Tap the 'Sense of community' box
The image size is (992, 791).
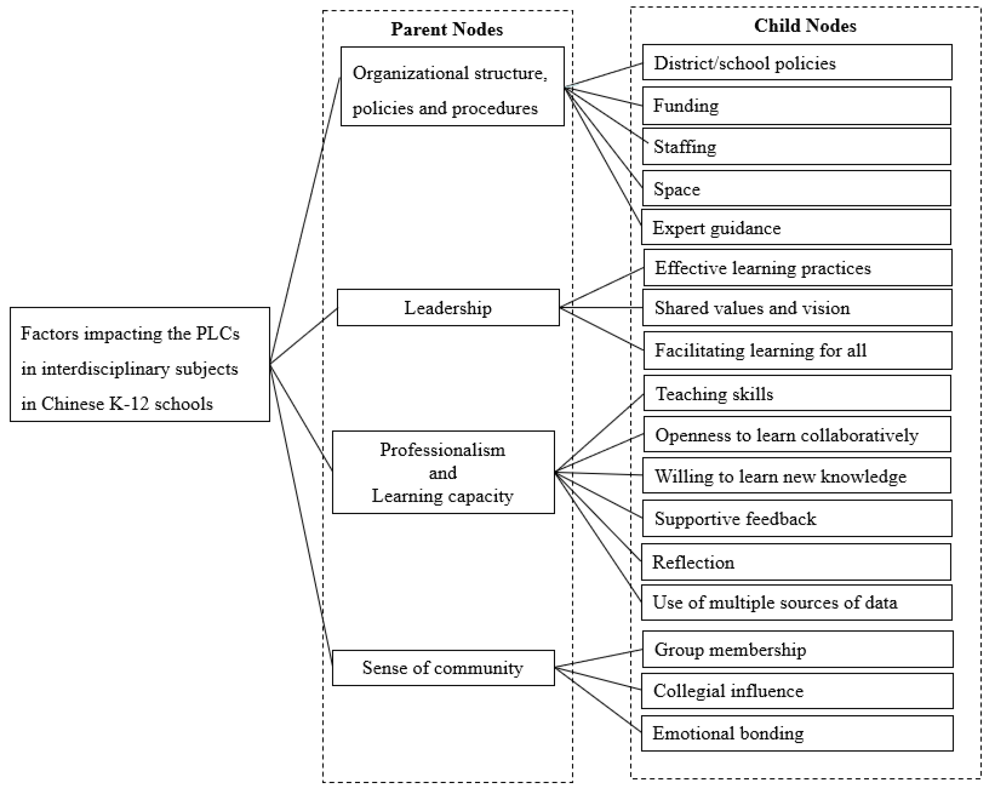[x=443, y=668]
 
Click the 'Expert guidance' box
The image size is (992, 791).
[x=796, y=228]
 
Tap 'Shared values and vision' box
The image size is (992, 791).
[x=797, y=308]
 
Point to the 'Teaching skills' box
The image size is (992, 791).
[x=797, y=393]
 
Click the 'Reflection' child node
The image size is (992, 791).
[x=796, y=562]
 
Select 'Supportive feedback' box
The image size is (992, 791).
[x=797, y=518]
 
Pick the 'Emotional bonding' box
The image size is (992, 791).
[x=797, y=733]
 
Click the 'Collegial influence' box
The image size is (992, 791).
[x=797, y=691]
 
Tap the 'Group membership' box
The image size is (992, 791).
[x=797, y=649]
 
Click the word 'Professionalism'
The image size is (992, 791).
[x=442, y=450]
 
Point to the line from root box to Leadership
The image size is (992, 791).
[x=304, y=336]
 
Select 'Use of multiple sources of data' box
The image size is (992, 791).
[x=797, y=602]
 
